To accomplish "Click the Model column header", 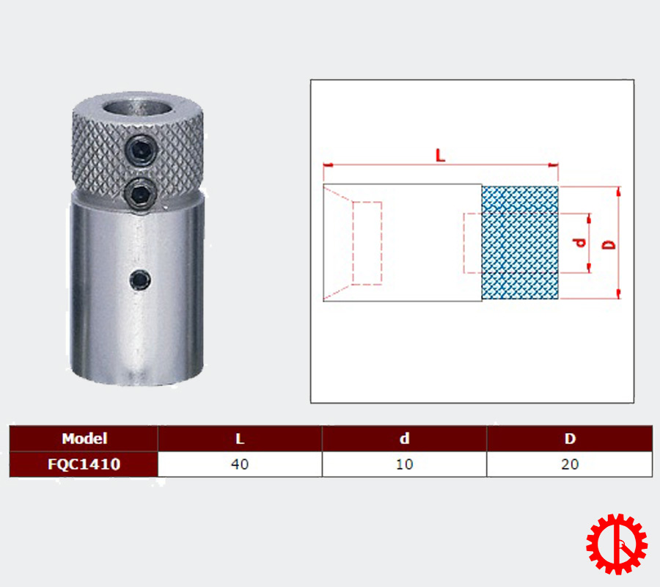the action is click(x=84, y=439).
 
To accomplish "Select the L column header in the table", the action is click(x=240, y=439).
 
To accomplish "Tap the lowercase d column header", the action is click(x=405, y=439).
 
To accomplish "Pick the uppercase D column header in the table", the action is click(x=570, y=439).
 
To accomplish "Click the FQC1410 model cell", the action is click(x=84, y=464).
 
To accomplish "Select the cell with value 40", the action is click(x=240, y=464).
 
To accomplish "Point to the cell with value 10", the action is click(x=405, y=464).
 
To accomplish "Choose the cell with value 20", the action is click(x=570, y=464).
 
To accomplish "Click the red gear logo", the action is click(x=617, y=544).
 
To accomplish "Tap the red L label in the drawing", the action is click(x=440, y=156).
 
